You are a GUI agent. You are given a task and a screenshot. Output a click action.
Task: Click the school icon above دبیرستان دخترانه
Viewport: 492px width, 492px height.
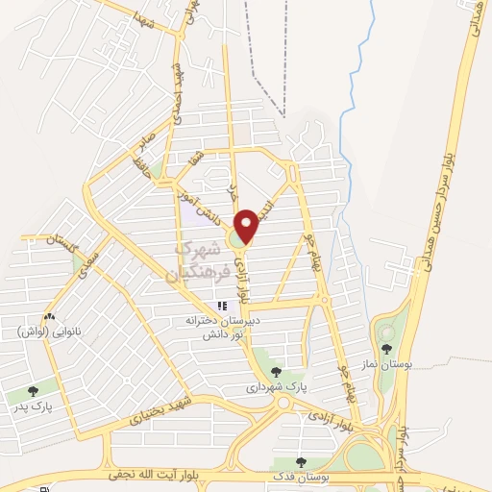[223, 307]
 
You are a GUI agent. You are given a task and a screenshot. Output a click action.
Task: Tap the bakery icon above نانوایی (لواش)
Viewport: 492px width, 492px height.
[47, 315]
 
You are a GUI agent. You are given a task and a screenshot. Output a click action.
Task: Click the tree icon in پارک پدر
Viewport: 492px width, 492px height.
[35, 391]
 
